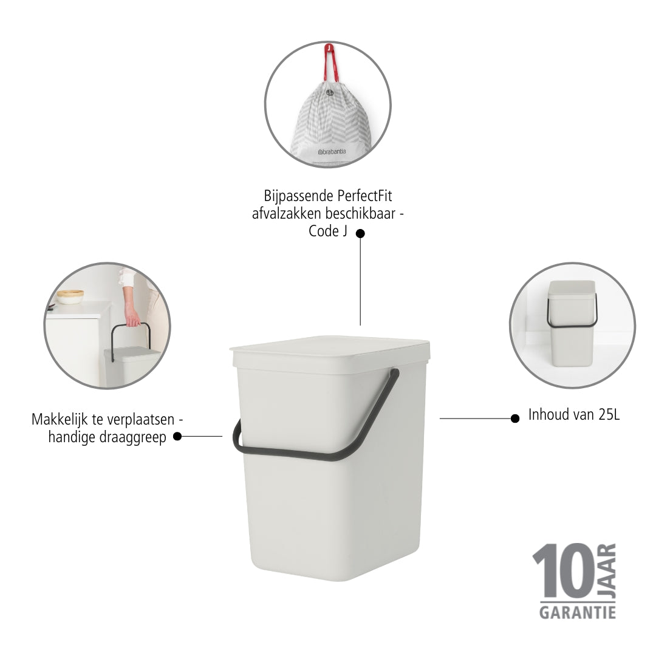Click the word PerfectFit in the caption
pyautogui.click(x=364, y=196)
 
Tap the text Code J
pyautogui.click(x=328, y=231)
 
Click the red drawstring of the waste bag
pyautogui.click(x=330, y=63)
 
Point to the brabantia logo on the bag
pyautogui.click(x=332, y=152)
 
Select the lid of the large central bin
pyautogui.click(x=330, y=354)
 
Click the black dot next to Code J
pyautogui.click(x=360, y=233)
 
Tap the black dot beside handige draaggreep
pyautogui.click(x=177, y=436)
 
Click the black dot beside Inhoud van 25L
pyautogui.click(x=515, y=419)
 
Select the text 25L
pyautogui.click(x=609, y=415)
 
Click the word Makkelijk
pyautogui.click(x=60, y=419)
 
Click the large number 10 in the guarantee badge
pyautogui.click(x=563, y=570)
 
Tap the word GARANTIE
pyautogui.click(x=578, y=613)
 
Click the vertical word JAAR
pyautogui.click(x=607, y=570)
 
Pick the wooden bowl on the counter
pyautogui.click(x=70, y=296)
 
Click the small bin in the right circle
pyautogui.click(x=572, y=323)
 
